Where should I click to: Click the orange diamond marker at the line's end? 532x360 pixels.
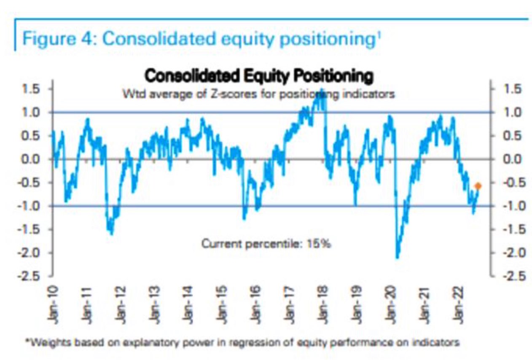coord(478,186)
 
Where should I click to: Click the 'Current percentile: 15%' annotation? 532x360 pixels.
coord(266,244)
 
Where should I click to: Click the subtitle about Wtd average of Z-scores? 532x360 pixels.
coord(258,94)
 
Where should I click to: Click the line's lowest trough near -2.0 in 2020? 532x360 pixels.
coord(397,257)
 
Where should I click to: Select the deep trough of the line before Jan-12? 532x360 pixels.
coord(111,233)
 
